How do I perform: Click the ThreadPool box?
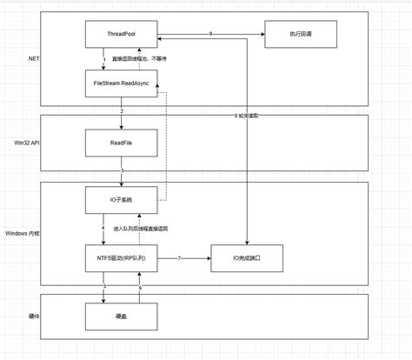point(121,36)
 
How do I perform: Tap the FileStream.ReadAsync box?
point(121,84)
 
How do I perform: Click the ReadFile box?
point(121,143)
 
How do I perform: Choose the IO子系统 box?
point(121,201)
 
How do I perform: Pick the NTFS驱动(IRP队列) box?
point(121,258)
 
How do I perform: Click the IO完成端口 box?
point(247,258)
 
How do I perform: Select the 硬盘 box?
point(121,317)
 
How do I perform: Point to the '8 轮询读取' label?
point(248,116)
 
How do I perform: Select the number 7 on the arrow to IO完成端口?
point(179,258)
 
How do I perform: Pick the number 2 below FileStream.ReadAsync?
point(122,111)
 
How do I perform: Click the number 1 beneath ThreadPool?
point(103,60)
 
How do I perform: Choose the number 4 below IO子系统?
point(103,229)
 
